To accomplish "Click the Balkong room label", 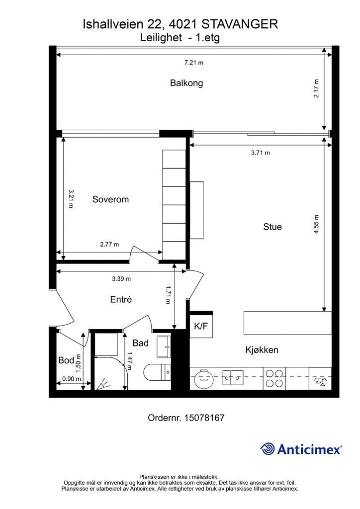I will pos(186,83).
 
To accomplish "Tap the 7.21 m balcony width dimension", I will pos(194,62).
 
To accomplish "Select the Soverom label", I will pos(110,199).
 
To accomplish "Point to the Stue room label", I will pos(272,227).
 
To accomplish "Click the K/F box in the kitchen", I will pos(201,327).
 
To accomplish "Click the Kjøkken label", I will pos(262,350).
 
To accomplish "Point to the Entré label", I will pos(120,299).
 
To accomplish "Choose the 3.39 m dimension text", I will pos(121,278).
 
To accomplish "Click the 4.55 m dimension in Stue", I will pos(316,227).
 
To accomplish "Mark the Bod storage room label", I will pos(66,360).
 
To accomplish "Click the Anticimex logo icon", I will pos(268,449).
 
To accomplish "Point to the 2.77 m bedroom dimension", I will pos(109,244).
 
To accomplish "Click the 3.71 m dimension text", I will pos(260,153).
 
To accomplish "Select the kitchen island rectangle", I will pos(287,323).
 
